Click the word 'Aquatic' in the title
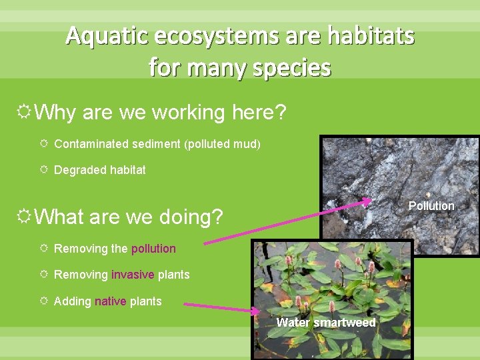coord(104,35)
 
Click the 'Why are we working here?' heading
coord(160,113)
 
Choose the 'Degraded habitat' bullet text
coord(99,170)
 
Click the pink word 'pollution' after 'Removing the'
coord(153,249)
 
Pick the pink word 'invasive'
coord(133,275)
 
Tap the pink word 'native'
coord(110,301)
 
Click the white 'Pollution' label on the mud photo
coord(431,206)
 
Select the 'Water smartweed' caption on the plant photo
coord(326,323)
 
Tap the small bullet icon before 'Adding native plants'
coord(43,301)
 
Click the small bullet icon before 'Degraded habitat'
coord(43,170)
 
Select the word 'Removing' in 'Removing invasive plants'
coord(81,275)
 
